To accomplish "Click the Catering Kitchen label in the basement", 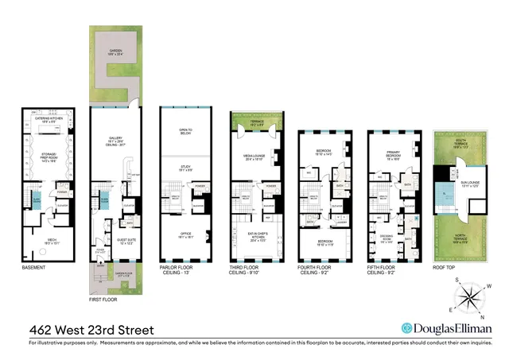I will [x=45, y=122].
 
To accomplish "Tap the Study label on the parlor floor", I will [x=186, y=169].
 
